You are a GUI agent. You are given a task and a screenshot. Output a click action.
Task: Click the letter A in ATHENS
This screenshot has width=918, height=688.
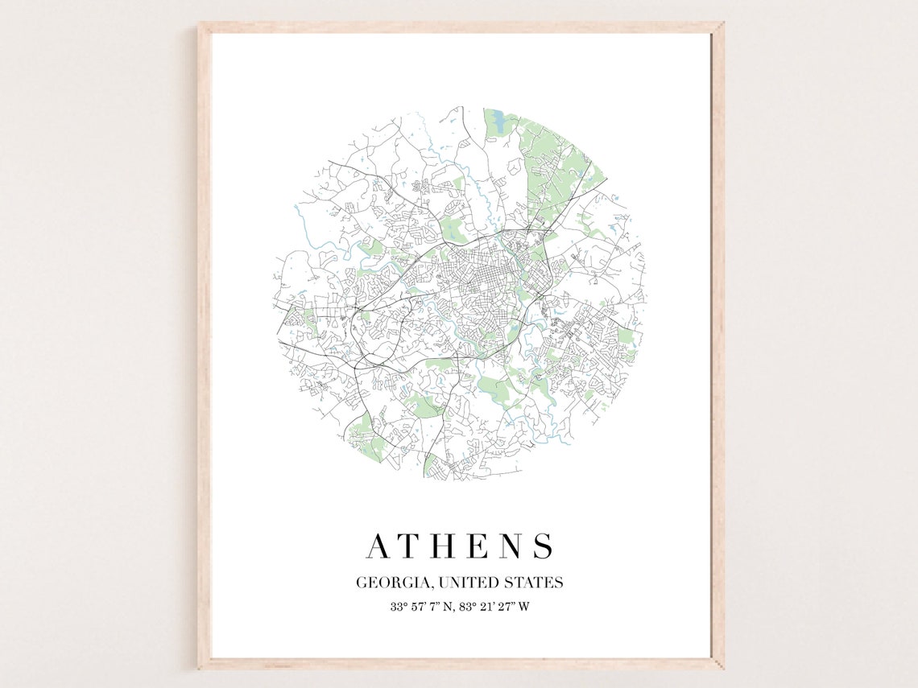(379, 546)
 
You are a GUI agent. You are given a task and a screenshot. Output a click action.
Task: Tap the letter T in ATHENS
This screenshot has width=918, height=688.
(414, 546)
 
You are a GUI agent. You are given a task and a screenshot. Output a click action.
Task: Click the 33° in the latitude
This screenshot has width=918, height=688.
(399, 607)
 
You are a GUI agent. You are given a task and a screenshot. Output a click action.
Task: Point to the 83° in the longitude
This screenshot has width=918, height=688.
(469, 607)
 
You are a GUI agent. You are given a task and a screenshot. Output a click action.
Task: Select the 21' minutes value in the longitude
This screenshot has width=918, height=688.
(489, 607)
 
